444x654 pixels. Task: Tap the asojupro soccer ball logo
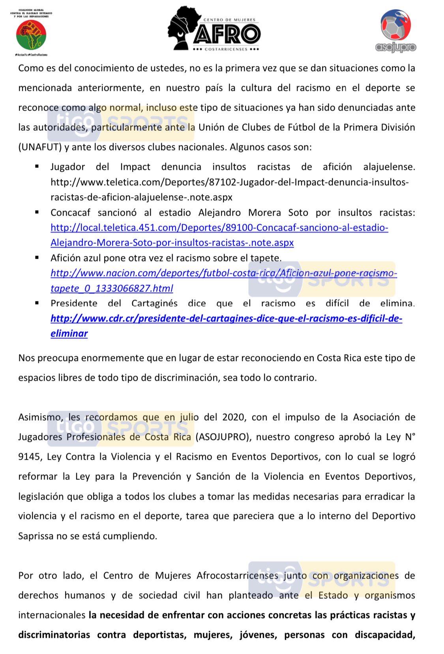395,31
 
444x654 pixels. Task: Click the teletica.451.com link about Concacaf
219,228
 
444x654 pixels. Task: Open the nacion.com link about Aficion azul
223,273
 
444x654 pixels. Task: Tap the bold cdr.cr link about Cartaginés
226,319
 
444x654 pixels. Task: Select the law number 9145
29,457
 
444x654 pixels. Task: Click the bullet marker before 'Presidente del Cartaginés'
37,303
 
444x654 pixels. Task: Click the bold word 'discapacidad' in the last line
383,635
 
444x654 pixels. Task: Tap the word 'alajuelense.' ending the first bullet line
389,167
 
